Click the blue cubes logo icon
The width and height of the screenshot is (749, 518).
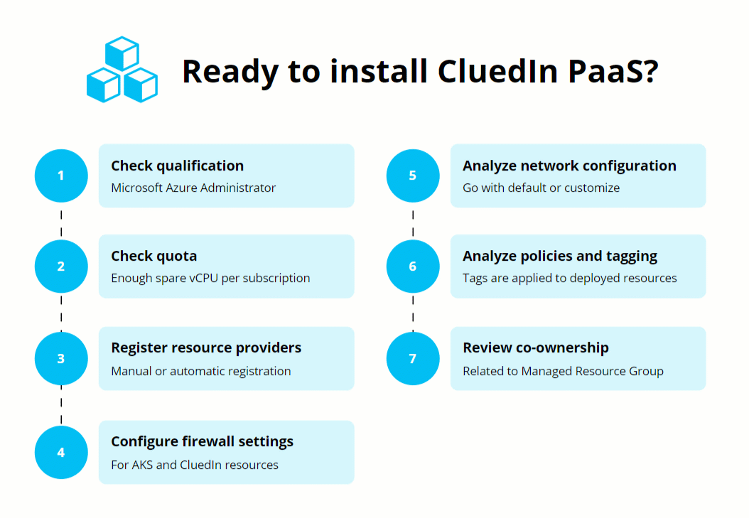(122, 70)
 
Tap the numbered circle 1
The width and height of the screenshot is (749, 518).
(61, 176)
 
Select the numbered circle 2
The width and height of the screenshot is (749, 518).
(61, 266)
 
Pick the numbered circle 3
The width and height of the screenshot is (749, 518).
(61, 359)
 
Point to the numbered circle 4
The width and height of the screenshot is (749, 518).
(61, 452)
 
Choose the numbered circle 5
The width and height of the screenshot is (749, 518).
(413, 176)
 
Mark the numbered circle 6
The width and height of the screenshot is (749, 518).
(413, 266)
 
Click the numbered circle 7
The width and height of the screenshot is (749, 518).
(413, 359)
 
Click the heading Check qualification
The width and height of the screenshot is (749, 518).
(177, 166)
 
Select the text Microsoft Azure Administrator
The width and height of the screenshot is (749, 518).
(193, 188)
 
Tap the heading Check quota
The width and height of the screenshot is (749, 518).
(153, 256)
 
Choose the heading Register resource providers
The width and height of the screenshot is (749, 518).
(206, 347)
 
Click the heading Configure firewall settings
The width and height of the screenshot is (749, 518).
(202, 441)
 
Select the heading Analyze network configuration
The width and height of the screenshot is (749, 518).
(569, 166)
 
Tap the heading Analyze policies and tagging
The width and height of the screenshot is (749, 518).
(560, 256)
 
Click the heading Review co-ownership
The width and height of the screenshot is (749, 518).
(536, 347)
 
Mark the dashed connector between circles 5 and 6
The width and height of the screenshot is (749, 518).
(413, 221)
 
